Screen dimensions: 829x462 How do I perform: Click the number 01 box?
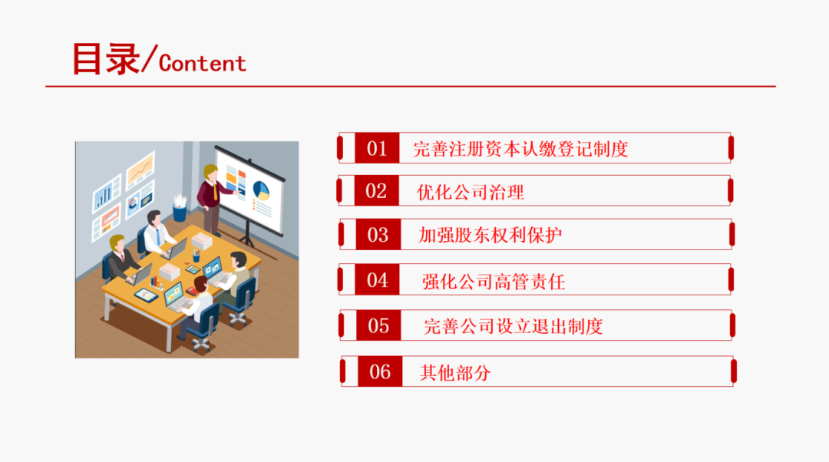[x=377, y=148]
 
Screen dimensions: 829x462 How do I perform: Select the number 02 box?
[x=376, y=191]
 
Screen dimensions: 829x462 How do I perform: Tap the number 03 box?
[x=378, y=235]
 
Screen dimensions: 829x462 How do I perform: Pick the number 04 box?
[x=377, y=279]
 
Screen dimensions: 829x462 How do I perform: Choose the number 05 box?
[x=378, y=325]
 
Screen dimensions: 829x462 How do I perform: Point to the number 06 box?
[x=380, y=371]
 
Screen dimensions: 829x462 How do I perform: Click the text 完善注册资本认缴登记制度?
[x=520, y=149]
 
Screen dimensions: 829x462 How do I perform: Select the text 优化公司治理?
[x=470, y=193]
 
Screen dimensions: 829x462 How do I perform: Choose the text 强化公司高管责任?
[x=494, y=282]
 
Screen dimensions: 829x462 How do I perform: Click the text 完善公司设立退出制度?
[x=513, y=327]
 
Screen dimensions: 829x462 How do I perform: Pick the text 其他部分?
[x=455, y=373]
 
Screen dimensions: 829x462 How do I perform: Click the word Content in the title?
[x=203, y=64]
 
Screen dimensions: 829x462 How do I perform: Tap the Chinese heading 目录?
[x=105, y=58]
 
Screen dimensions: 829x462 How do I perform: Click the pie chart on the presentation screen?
[x=261, y=190]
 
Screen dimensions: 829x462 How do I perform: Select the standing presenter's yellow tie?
[x=215, y=191]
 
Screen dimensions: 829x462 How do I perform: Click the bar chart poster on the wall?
[x=107, y=194]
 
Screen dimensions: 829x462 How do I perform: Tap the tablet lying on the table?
[x=146, y=295]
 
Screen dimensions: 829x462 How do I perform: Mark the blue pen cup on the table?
[x=197, y=257]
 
